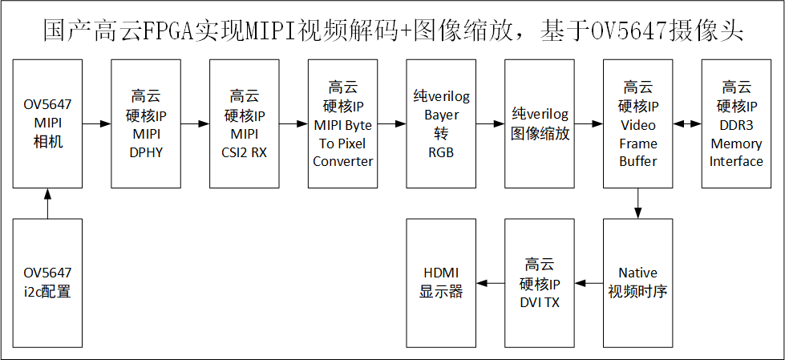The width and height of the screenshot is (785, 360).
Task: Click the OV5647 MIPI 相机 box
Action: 47,123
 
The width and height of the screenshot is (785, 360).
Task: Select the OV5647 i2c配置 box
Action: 47,282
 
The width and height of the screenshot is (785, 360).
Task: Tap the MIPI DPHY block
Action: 145,123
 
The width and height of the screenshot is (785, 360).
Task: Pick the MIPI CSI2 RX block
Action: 244,123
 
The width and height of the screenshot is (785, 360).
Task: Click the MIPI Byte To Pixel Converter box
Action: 342,123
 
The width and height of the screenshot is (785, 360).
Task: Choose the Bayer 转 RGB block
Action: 441,123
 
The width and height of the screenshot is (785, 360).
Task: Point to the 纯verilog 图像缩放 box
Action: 540,123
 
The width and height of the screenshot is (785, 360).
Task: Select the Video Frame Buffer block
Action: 637,123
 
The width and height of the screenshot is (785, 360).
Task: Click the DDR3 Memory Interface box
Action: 736,123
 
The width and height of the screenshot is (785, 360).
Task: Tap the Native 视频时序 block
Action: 637,282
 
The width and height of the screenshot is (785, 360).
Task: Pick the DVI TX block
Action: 540,282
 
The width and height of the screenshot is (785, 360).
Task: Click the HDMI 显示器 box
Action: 441,282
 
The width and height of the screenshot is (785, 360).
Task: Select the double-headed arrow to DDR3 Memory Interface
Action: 686,123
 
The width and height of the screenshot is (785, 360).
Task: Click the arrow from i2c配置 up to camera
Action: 47,204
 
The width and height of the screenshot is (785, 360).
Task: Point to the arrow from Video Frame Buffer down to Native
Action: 637,204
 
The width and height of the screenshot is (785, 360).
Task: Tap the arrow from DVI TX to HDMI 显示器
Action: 491,282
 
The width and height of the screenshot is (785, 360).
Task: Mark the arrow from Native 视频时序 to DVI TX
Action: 589,282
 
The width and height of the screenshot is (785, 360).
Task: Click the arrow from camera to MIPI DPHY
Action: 96,123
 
